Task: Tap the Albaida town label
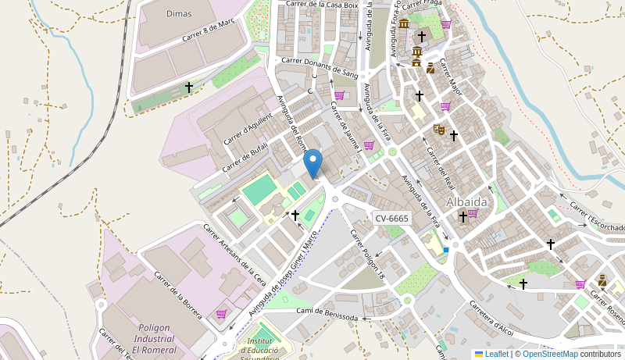coord(466,201)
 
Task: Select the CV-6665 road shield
coord(391,219)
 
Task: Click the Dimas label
coord(179,13)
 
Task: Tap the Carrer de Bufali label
coord(245,157)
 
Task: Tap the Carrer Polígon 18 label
coord(368,255)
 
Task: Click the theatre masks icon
coord(439,129)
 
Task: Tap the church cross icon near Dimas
coord(188,87)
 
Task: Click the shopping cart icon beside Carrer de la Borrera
coord(221,314)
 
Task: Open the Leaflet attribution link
coord(496,354)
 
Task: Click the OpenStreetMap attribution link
coord(550,354)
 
